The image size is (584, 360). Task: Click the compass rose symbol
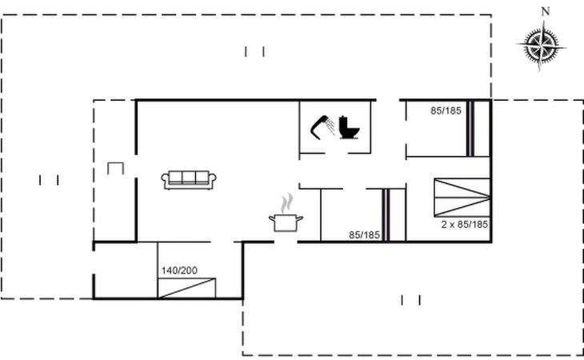tap(541, 46)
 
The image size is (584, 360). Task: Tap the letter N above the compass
tap(546, 12)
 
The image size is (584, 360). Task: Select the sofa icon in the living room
tap(189, 180)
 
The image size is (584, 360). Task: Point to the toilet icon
tap(349, 128)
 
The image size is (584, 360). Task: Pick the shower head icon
tap(322, 127)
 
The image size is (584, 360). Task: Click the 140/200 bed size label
tap(179, 270)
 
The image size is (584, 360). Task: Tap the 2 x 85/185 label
tap(465, 225)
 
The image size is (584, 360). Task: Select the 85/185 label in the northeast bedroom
tap(446, 110)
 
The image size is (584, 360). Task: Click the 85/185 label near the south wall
tap(364, 235)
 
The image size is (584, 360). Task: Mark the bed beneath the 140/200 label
tap(186, 288)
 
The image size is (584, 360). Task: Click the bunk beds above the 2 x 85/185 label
tap(462, 198)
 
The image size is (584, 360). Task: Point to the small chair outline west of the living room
tap(115, 168)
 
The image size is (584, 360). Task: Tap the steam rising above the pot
tap(286, 203)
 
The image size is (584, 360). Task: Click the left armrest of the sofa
tap(165, 181)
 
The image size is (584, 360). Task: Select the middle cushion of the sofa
tap(189, 178)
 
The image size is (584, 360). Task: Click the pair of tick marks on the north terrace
tap(254, 51)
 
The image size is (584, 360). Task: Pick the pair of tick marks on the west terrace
tap(49, 180)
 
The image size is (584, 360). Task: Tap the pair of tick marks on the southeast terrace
tap(411, 300)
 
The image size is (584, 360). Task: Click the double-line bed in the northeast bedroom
tap(470, 129)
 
